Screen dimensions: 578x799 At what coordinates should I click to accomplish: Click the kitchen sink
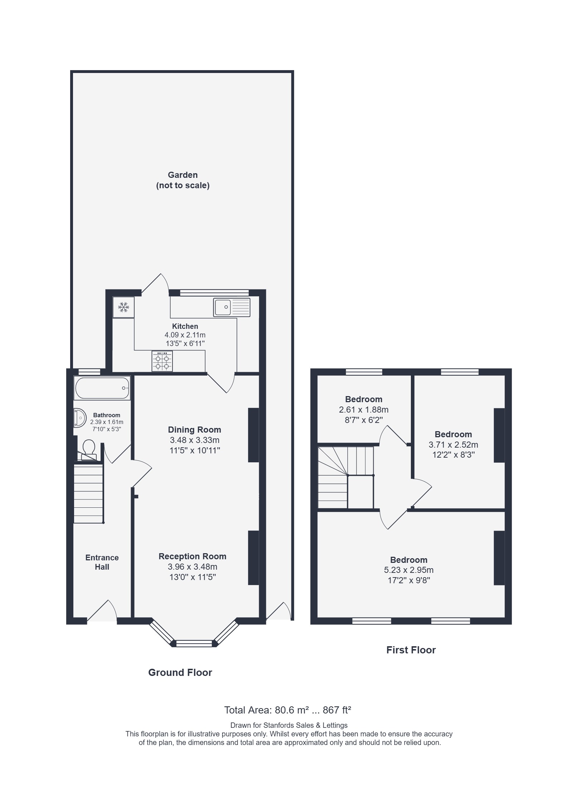tap(232, 307)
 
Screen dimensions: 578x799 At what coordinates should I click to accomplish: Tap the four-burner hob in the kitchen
tap(162, 361)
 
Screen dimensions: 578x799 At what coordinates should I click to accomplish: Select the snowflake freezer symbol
tap(123, 307)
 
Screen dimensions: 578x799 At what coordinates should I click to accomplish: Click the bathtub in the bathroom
tap(102, 388)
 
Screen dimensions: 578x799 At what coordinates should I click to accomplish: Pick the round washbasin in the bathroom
tap(80, 418)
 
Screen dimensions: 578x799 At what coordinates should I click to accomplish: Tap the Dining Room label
tap(195, 429)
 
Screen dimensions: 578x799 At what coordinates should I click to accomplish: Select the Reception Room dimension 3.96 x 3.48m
tap(193, 567)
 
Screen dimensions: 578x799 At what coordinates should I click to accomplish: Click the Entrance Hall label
tap(102, 562)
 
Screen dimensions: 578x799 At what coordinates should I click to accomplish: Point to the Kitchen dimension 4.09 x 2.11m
tap(185, 335)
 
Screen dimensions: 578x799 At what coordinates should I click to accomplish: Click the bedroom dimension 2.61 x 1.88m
tap(364, 410)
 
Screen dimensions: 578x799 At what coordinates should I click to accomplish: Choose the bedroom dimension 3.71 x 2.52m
tap(453, 445)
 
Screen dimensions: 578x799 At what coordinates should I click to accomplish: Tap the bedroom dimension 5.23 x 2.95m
tap(409, 570)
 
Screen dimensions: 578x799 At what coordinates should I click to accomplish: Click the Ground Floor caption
tap(180, 673)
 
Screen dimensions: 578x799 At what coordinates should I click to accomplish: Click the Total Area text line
tap(288, 710)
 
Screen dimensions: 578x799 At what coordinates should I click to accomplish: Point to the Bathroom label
tap(107, 415)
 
